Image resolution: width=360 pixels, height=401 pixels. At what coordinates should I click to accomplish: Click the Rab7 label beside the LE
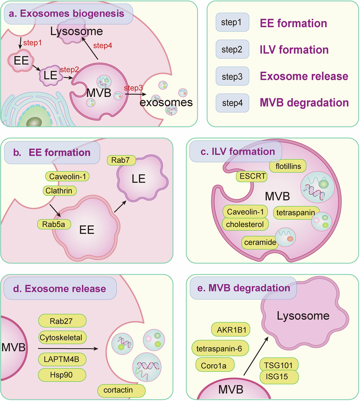click(x=121, y=160)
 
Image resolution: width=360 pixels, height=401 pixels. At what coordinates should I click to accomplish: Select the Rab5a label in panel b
click(x=54, y=224)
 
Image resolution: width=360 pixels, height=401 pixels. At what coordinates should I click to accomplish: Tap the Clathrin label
click(x=59, y=191)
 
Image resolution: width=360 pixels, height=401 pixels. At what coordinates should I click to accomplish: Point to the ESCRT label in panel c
click(x=252, y=176)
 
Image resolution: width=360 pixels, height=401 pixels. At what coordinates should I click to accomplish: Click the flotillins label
click(x=288, y=166)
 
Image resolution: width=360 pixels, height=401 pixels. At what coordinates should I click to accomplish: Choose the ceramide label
click(x=260, y=243)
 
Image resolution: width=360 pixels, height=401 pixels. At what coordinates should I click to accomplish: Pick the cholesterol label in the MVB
click(x=245, y=224)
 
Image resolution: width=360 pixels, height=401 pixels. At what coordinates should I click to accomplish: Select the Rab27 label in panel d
click(x=62, y=321)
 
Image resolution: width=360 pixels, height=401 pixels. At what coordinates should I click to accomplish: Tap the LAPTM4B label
click(x=62, y=359)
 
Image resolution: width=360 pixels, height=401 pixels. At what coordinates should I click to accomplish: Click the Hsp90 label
click(x=62, y=375)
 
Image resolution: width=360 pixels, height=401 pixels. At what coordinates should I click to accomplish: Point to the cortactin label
click(x=121, y=390)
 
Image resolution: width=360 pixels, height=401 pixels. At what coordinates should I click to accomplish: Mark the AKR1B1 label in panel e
click(x=231, y=330)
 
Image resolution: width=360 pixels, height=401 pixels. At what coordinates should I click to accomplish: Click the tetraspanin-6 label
click(x=220, y=348)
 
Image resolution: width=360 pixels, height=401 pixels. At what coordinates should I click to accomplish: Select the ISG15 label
click(x=279, y=377)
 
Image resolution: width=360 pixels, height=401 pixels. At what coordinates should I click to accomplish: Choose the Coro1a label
click(x=214, y=366)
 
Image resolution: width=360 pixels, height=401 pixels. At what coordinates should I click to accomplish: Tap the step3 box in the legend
click(x=232, y=76)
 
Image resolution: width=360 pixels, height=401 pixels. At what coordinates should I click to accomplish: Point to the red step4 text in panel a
click(x=103, y=46)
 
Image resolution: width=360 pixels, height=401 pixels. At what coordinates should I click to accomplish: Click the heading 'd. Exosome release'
click(x=60, y=289)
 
